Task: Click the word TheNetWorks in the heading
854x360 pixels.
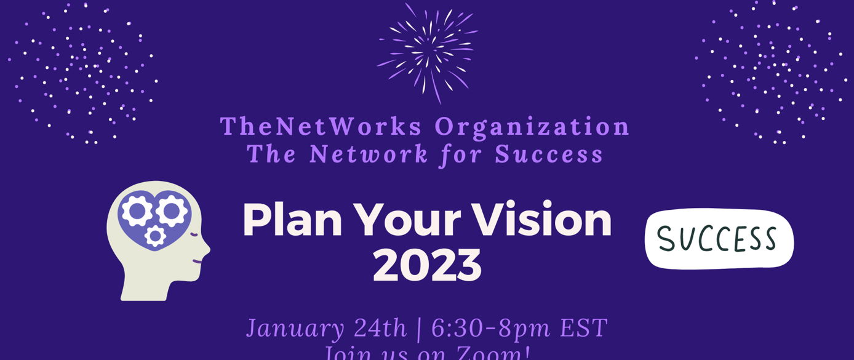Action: click(321, 126)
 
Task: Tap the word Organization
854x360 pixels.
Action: click(533, 126)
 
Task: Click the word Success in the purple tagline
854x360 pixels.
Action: click(549, 154)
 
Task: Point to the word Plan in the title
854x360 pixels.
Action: click(292, 220)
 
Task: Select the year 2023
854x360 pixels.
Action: click(427, 265)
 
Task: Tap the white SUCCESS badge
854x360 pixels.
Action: click(719, 239)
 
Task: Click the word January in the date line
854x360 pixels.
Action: click(295, 328)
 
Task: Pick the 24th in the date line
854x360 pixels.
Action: click(380, 328)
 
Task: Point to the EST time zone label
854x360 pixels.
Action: click(583, 328)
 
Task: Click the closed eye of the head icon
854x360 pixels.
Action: click(196, 234)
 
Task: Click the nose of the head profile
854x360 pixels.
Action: click(207, 249)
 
